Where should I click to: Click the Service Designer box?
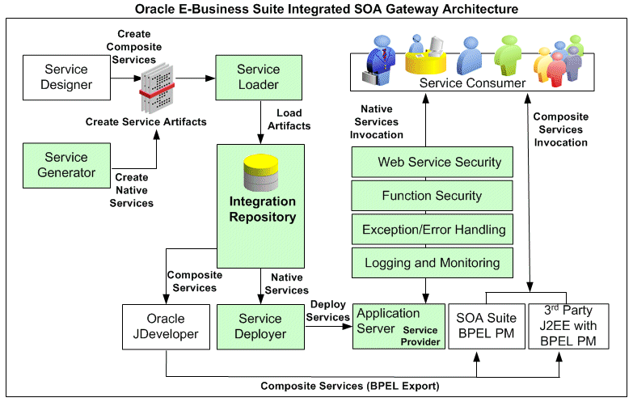click(68, 77)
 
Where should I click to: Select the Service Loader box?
click(259, 77)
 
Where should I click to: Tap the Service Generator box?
click(66, 164)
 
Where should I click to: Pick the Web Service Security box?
click(433, 163)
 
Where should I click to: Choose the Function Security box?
click(433, 196)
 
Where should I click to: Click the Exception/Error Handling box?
click(433, 230)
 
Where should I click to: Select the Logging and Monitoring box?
click(433, 263)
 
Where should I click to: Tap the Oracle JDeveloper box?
click(166, 326)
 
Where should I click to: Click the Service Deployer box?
click(260, 326)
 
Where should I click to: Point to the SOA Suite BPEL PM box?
click(485, 326)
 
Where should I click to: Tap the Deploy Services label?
click(327, 311)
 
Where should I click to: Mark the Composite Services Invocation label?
click(560, 129)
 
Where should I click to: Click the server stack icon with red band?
click(158, 87)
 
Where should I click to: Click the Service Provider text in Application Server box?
click(420, 336)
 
